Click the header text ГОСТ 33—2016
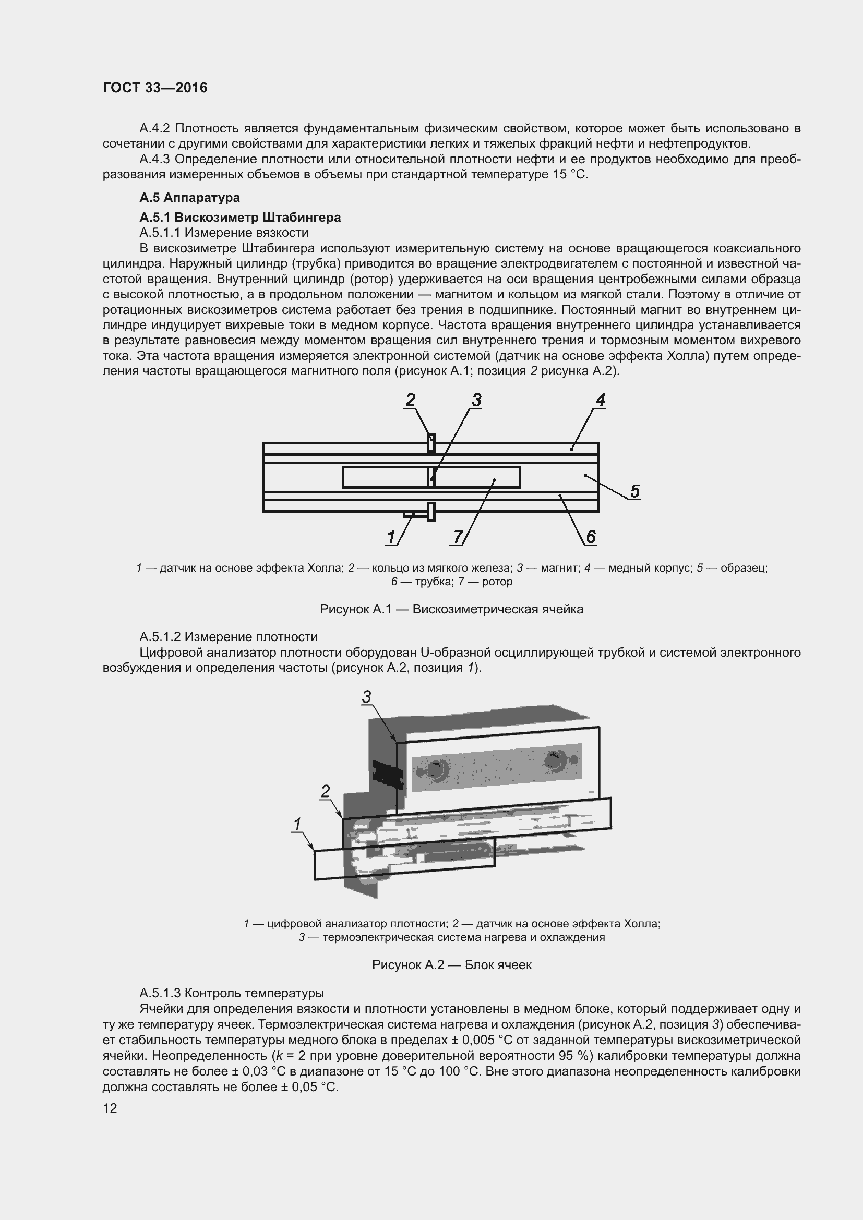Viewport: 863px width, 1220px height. pos(154,88)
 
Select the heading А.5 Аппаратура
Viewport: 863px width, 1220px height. pos(189,198)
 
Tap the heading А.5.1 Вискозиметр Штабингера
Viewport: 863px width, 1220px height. pos(239,218)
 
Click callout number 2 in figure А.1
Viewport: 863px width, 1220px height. pos(410,401)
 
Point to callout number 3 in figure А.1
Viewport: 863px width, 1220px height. pos(476,401)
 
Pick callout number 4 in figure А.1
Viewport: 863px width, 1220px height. pos(600,400)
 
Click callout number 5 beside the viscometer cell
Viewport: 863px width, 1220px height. pos(634,491)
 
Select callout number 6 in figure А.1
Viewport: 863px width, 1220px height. pos(591,537)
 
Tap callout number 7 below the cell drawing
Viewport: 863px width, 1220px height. pos(458,537)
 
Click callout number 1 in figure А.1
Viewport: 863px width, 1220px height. pos(392,537)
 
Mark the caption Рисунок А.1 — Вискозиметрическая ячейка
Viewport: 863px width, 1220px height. pos(451,609)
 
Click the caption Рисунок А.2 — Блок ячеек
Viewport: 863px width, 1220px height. pos(451,964)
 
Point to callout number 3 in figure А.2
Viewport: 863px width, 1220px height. pos(366,697)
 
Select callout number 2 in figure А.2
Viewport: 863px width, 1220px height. pos(325,792)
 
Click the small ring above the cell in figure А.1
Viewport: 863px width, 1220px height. pos(431,443)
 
